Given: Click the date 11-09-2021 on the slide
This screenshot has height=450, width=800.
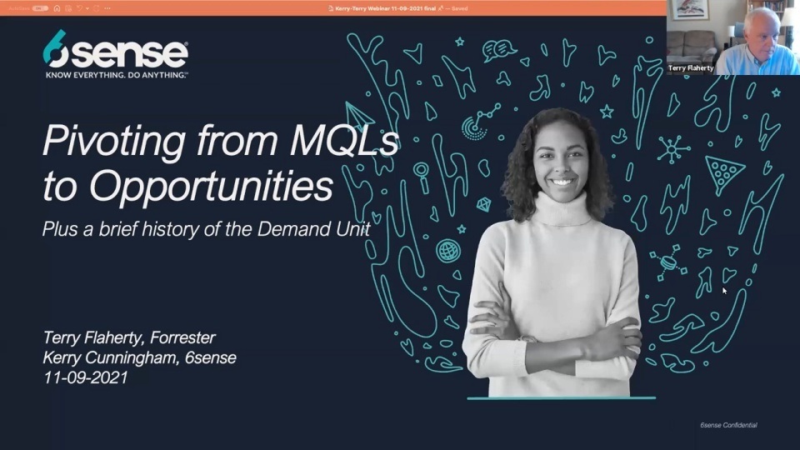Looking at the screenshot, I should [x=86, y=377].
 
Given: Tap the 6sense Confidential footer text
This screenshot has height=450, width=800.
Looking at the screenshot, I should [x=728, y=425].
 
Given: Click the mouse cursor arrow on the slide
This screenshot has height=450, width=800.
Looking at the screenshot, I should [x=724, y=290].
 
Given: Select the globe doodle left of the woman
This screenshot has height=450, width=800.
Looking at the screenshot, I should [x=448, y=250].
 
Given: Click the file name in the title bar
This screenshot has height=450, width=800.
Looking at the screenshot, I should [x=392, y=7].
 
